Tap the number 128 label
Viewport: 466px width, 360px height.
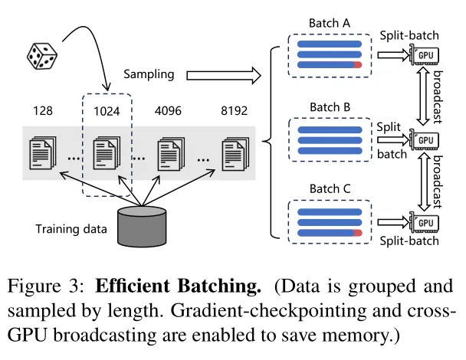43,112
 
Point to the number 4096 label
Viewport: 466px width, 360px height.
170,112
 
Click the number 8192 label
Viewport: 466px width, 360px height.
233,112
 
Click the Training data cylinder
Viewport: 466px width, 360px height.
141,226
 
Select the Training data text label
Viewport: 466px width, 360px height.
70,228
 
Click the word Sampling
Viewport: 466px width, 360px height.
149,74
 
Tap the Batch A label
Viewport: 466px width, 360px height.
329,24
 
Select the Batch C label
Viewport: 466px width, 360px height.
329,189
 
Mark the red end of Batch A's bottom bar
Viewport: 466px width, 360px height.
358,67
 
